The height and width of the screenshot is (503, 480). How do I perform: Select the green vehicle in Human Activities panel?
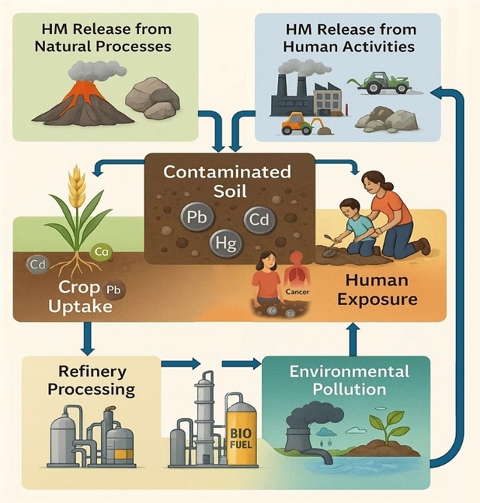pyautogui.click(x=388, y=80)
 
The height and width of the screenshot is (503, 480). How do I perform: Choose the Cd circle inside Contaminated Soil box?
pyautogui.click(x=258, y=221)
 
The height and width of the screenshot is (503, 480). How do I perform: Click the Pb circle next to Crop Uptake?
pyautogui.click(x=113, y=289)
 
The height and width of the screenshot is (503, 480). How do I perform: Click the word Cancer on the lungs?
pyautogui.click(x=293, y=289)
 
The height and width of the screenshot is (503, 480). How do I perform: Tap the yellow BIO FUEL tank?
pyautogui.click(x=241, y=432)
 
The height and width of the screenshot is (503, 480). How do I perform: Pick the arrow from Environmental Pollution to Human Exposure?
pyautogui.click(x=353, y=339)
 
